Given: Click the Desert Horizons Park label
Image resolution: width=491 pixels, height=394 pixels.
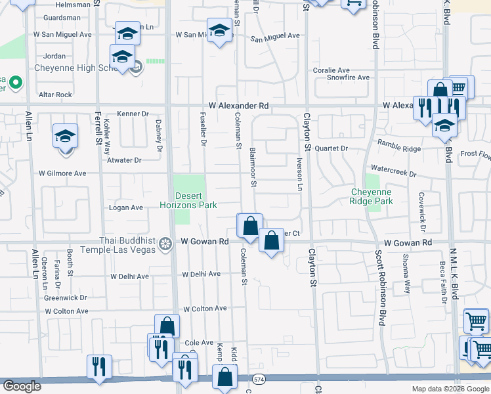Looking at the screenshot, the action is click(188, 200).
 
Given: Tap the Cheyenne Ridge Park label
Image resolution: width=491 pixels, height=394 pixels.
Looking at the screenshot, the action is click(372, 196).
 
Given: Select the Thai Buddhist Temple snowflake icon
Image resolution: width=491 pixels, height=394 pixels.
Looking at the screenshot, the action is click(166, 244).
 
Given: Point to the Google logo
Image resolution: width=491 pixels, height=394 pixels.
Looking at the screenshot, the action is click(21, 386).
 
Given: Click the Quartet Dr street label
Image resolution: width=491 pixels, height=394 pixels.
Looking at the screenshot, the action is click(331, 148).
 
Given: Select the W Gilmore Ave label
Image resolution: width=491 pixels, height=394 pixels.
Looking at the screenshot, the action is click(62, 173).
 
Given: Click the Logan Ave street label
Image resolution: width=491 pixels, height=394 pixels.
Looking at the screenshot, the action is click(125, 208).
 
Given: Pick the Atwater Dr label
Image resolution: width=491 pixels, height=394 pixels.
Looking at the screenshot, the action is click(125, 160).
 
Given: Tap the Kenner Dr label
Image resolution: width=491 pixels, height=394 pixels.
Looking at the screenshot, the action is click(133, 114).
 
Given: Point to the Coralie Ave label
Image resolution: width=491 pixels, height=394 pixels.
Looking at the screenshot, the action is click(331, 70).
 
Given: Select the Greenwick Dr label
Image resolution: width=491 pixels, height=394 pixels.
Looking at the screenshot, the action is click(66, 297).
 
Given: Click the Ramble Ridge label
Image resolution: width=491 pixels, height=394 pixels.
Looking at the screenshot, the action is click(399, 149).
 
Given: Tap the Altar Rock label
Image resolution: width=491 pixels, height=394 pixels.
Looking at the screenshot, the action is click(55, 95).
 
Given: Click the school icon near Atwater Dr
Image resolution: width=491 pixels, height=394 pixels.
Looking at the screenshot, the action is click(65, 137).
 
